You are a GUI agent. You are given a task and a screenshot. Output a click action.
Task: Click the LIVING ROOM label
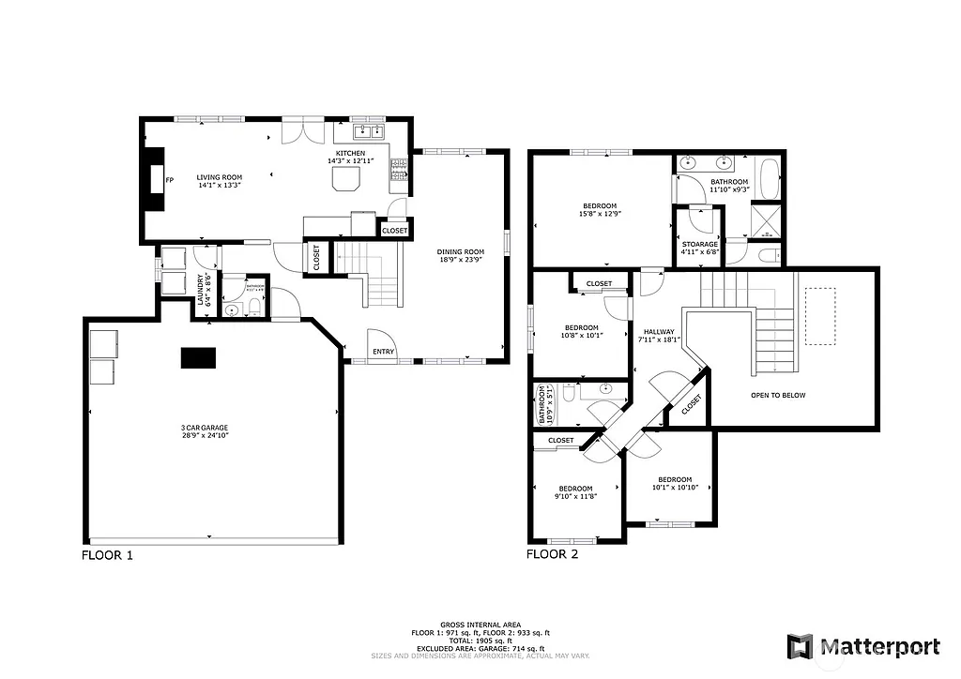(x=219, y=177)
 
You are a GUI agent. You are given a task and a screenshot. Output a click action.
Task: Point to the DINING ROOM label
(x=460, y=251)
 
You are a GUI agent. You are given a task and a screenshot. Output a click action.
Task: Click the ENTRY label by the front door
(x=383, y=353)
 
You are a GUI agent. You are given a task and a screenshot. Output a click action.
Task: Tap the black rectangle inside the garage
(x=198, y=357)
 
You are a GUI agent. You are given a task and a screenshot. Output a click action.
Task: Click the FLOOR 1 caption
(x=107, y=555)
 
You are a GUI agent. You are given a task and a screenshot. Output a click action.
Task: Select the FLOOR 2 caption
(x=552, y=554)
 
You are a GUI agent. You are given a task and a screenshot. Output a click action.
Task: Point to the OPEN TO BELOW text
(x=777, y=395)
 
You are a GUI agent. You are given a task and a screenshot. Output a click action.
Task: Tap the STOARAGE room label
(x=699, y=244)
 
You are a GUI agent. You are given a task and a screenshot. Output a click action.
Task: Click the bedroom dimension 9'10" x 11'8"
(x=575, y=496)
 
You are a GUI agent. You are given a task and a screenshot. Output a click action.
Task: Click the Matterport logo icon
(x=800, y=646)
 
